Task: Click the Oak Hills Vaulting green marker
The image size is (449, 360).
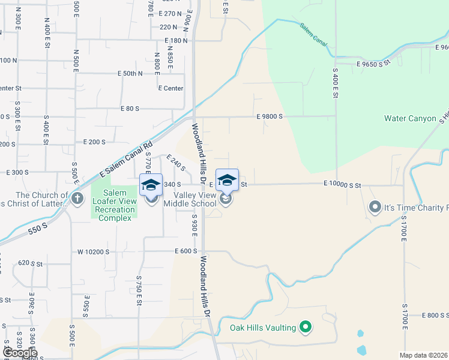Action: coord(306,327)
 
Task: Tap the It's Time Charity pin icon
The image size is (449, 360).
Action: coord(375,208)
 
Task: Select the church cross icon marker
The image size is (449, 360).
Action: coord(77,199)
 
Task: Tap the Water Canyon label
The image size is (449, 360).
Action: coord(410,118)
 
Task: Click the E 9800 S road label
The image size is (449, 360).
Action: coord(269,117)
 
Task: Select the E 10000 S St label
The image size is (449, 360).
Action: coord(342,185)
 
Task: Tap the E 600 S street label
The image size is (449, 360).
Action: coord(186,252)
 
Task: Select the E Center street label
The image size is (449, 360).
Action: coord(170,88)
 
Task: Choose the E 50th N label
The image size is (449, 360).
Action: coord(130,74)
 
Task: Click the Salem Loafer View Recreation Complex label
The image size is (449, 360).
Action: coord(113,205)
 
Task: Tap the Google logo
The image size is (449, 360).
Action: coord(20,353)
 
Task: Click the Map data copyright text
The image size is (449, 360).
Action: coord(424,355)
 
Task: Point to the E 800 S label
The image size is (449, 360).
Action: coord(435,315)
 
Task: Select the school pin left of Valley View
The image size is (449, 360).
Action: coord(151,184)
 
